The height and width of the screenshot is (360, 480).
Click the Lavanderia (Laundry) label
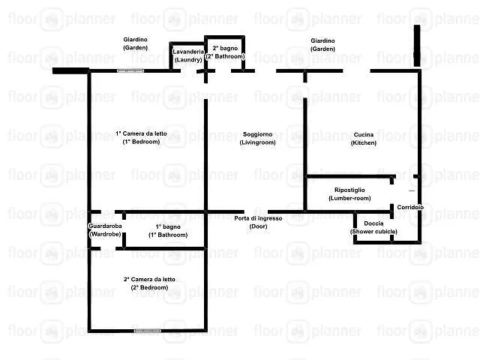click(x=188, y=55)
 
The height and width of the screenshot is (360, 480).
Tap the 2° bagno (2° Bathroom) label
click(x=225, y=52)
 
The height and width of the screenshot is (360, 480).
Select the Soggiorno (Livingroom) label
click(x=257, y=138)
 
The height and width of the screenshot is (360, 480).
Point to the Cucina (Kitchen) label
click(x=363, y=139)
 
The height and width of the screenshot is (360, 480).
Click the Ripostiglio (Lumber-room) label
click(x=349, y=194)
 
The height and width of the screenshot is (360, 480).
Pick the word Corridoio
click(x=410, y=207)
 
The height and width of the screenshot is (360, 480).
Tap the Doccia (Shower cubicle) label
click(x=373, y=227)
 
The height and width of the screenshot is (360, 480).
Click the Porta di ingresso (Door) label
click(x=258, y=222)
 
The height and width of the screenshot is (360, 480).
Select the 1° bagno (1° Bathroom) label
click(x=168, y=231)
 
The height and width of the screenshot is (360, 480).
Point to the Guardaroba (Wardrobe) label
click(x=105, y=230)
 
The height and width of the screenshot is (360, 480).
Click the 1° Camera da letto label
click(x=141, y=138)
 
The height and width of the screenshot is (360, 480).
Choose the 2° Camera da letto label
click(x=149, y=283)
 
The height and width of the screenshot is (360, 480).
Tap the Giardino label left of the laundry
click(x=135, y=43)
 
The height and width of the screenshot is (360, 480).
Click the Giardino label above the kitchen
click(x=322, y=45)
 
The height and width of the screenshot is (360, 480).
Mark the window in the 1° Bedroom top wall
click(x=130, y=70)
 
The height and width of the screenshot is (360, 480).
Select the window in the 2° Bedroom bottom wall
click(x=148, y=331)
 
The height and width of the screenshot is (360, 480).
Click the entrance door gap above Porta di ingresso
click(x=256, y=211)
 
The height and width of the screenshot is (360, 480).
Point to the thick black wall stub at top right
click(x=417, y=46)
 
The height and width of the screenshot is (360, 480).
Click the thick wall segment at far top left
click(x=70, y=71)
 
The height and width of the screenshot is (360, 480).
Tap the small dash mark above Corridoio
click(x=412, y=190)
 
